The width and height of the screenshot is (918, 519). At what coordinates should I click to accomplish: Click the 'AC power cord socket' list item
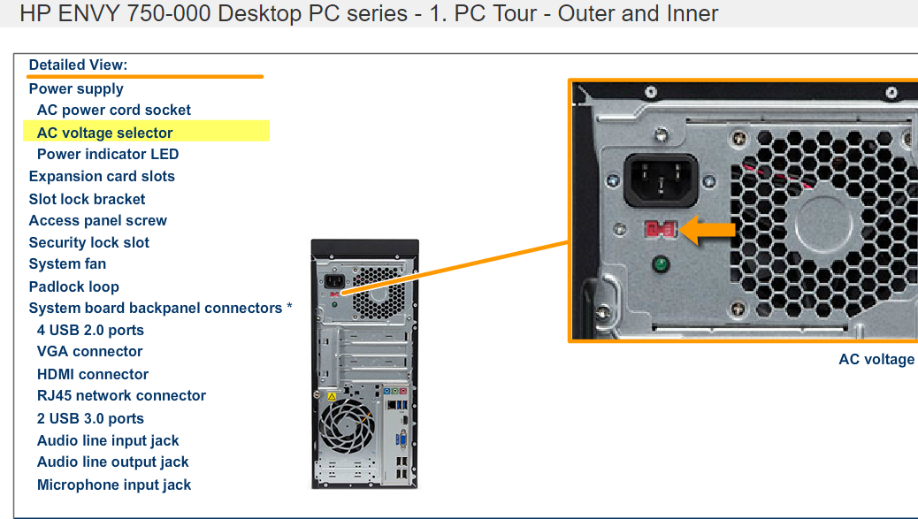(113, 111)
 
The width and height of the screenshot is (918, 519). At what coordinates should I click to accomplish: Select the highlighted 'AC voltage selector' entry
(104, 133)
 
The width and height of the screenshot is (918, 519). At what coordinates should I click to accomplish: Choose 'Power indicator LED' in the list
(107, 154)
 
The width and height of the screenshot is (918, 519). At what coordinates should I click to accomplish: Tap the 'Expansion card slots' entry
(102, 176)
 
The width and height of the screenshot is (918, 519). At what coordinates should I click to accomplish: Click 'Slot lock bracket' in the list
(87, 199)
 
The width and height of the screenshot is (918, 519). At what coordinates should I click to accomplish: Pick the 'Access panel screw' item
(97, 220)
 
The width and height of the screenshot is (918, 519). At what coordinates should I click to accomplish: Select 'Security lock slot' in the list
(88, 242)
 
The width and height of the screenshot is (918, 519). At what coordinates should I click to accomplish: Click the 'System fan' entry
(67, 263)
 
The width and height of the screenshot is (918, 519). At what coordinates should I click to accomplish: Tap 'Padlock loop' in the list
(73, 286)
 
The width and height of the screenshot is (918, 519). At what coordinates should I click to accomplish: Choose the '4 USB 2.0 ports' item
(90, 330)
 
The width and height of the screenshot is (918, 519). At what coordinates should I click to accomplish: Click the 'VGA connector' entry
(89, 351)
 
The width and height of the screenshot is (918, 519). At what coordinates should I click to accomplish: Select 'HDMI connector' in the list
(93, 374)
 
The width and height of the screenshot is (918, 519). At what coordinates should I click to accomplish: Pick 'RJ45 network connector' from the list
(121, 395)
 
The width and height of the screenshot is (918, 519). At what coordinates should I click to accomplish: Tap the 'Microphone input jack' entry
(114, 485)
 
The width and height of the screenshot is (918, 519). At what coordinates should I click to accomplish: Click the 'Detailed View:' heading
(78, 65)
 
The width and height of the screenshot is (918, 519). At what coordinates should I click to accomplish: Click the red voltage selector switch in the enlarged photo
(661, 230)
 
